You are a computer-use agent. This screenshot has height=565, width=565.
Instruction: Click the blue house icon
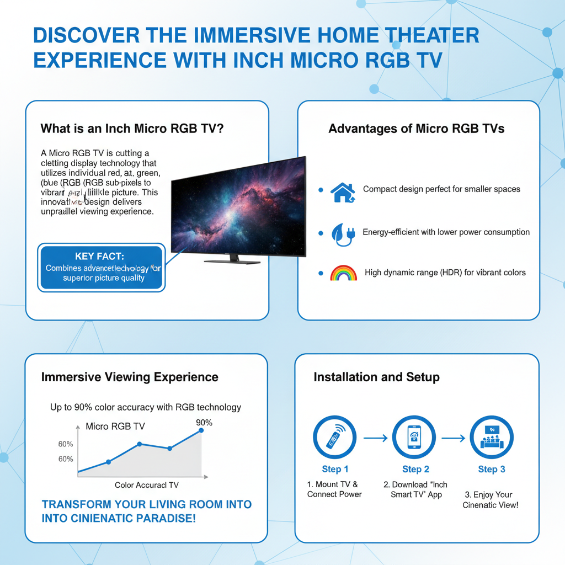(x=342, y=191)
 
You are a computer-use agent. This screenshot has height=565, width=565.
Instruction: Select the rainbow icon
(x=343, y=273)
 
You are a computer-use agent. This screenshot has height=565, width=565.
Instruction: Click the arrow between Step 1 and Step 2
(x=375, y=438)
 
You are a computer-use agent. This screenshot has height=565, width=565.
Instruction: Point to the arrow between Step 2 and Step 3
(x=453, y=438)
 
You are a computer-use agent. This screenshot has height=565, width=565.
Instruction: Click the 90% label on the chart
(x=204, y=423)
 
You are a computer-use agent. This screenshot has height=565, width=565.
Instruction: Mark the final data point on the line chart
(x=200, y=430)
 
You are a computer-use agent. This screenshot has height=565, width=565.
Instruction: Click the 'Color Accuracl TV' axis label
(x=147, y=485)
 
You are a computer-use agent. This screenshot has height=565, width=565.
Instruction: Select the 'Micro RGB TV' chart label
(x=115, y=427)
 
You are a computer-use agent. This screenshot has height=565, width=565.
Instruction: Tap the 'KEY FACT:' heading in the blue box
(x=99, y=257)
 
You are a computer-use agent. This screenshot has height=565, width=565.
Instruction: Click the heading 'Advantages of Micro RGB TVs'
(x=417, y=129)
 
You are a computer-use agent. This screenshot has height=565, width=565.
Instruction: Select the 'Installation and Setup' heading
(x=377, y=377)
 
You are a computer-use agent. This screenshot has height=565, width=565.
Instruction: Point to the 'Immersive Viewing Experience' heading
(x=130, y=377)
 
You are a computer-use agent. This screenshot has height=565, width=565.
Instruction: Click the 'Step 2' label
(x=415, y=470)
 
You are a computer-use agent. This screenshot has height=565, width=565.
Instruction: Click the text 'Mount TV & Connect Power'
(x=334, y=489)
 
